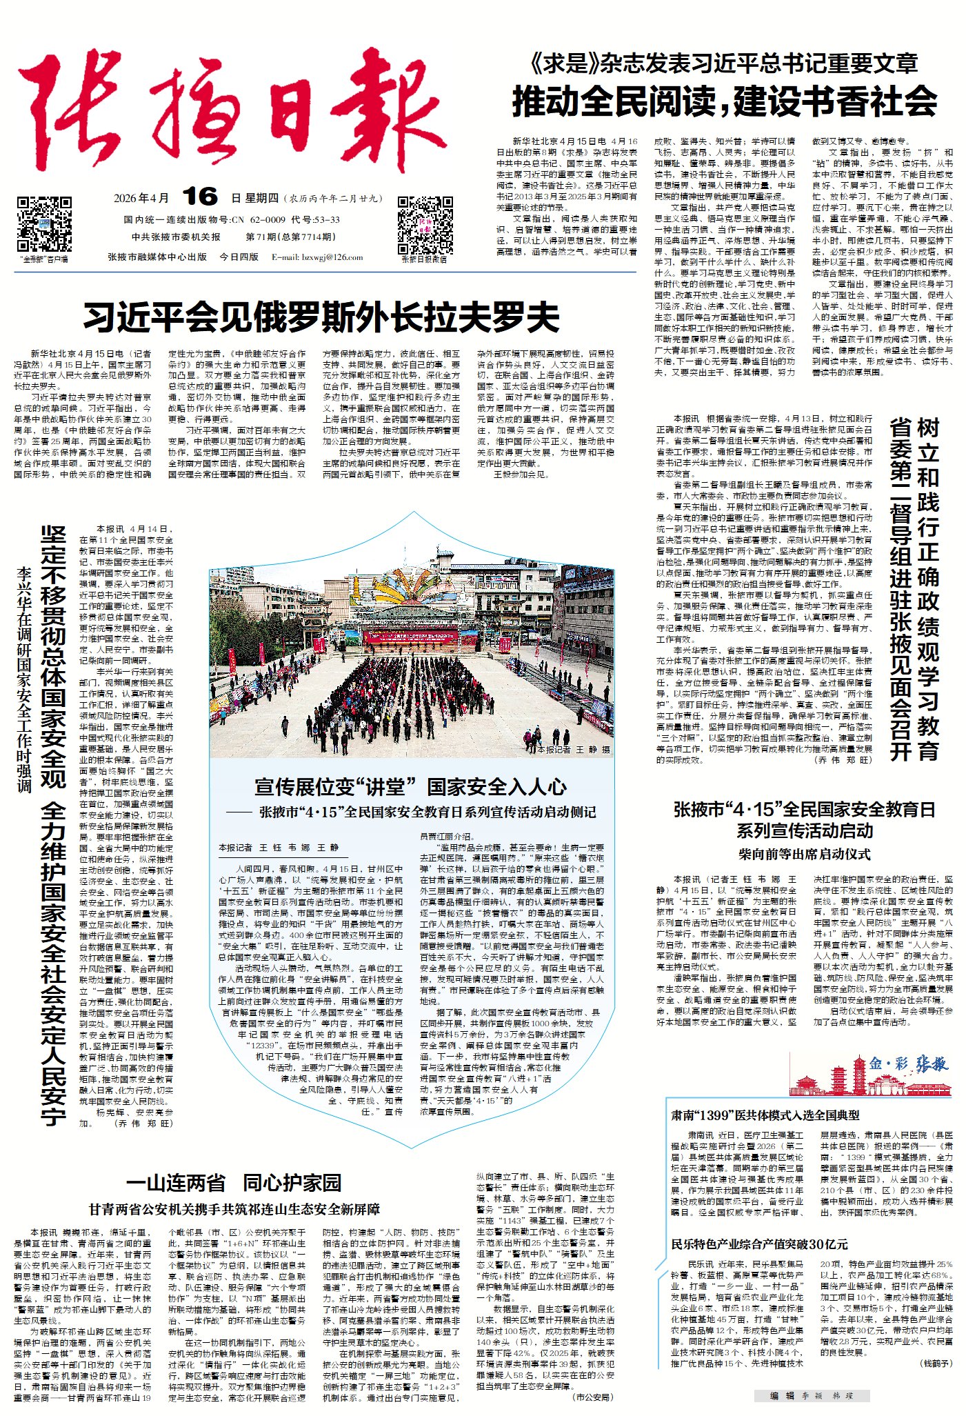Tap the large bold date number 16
click(x=201, y=197)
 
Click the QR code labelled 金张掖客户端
click(x=44, y=224)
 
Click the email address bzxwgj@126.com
click(x=317, y=257)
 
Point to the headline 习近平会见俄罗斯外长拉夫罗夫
click(x=321, y=318)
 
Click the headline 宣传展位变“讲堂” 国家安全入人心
click(x=410, y=786)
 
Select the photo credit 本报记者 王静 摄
click(x=573, y=749)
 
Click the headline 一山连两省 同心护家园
click(x=234, y=1184)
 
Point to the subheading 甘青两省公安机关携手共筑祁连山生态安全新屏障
click(x=234, y=1209)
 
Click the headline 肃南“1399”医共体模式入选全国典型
click(x=765, y=1115)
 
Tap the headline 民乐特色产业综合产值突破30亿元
click(x=759, y=1244)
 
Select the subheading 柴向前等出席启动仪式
click(x=804, y=854)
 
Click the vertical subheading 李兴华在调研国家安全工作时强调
click(x=25, y=679)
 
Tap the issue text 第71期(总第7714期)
click(x=291, y=237)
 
